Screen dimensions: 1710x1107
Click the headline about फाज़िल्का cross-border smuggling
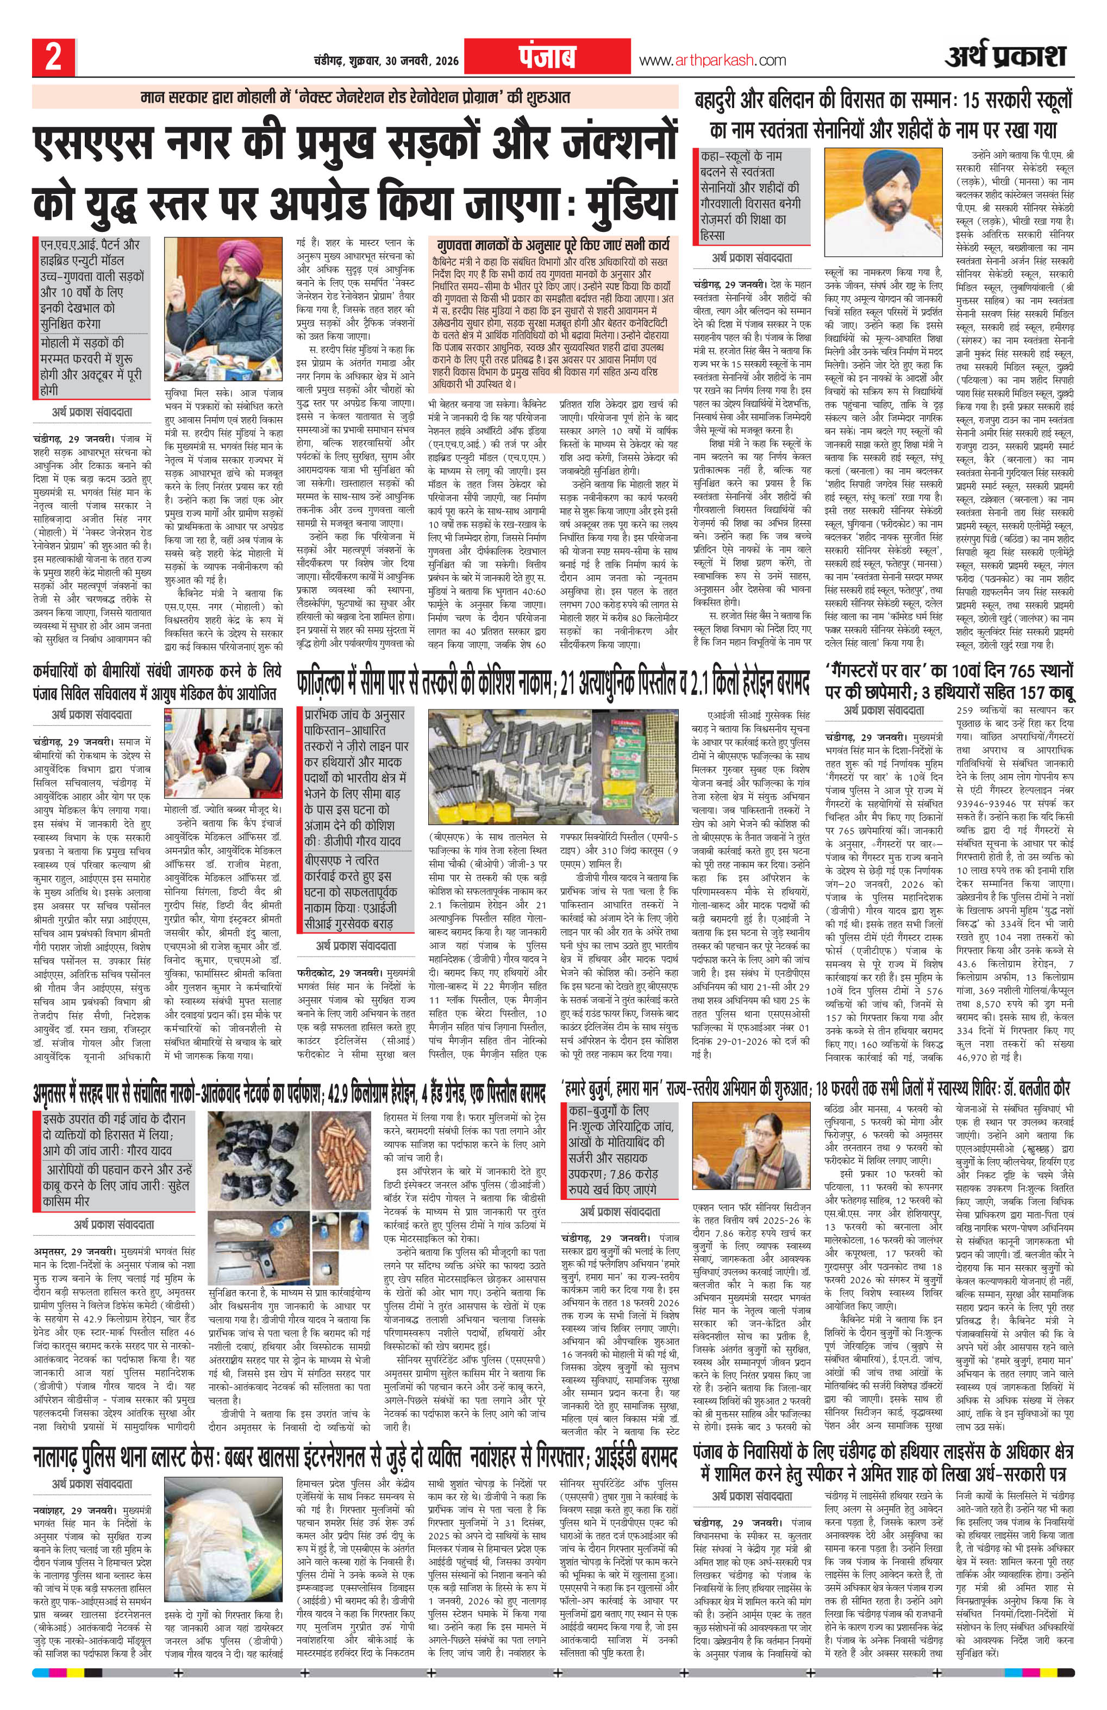[x=552, y=684]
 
